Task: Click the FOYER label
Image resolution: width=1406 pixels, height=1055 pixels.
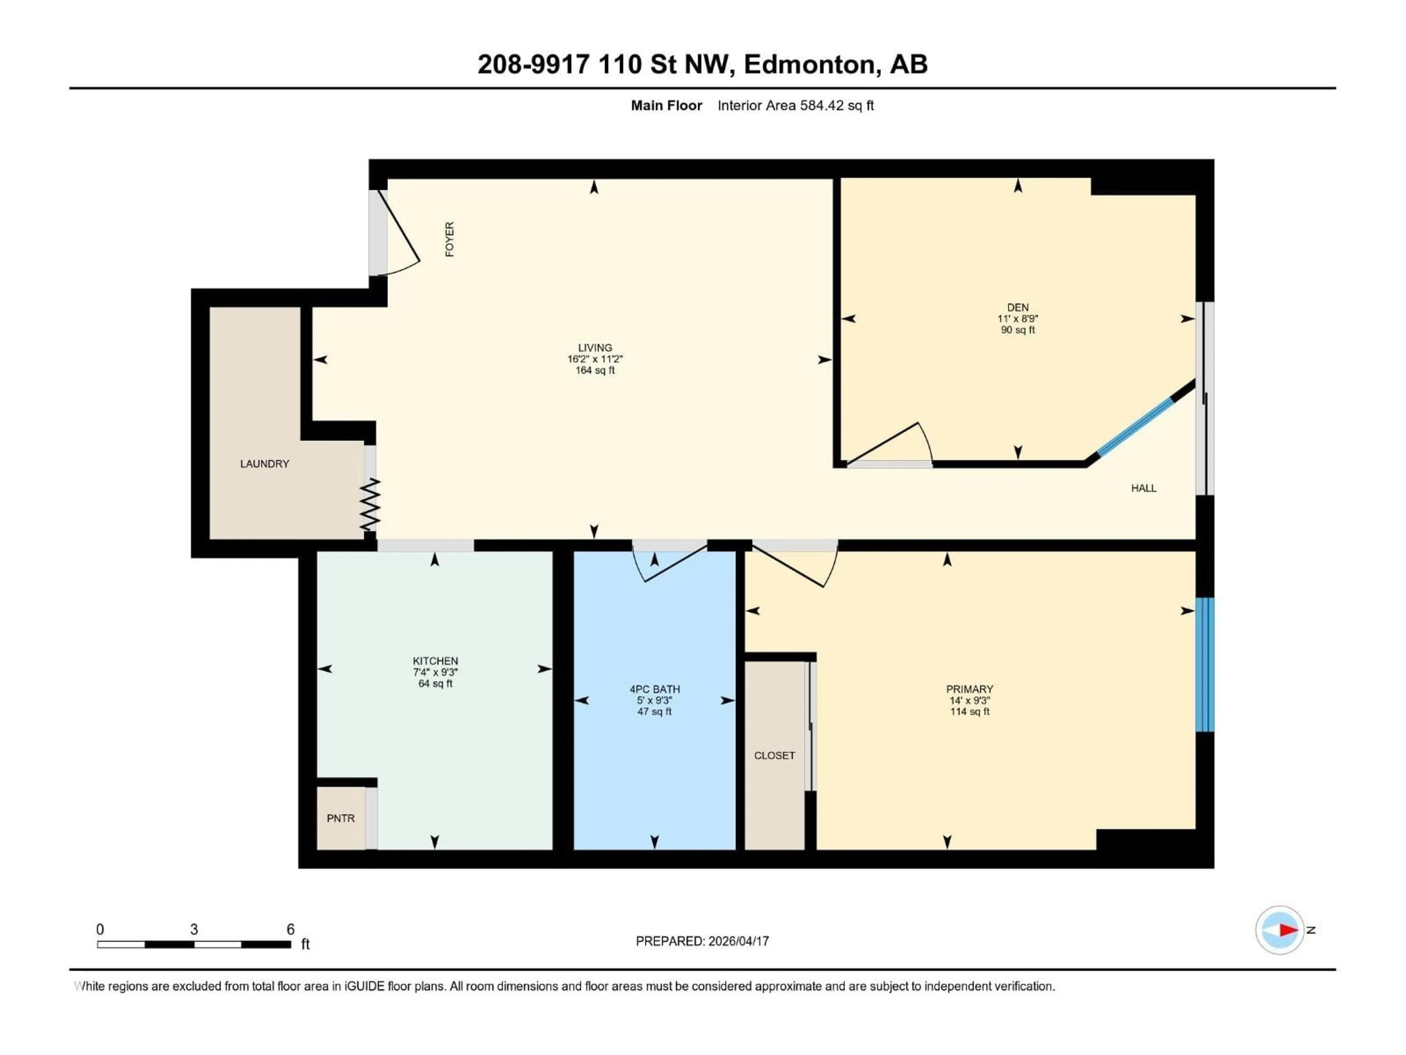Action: [x=449, y=239]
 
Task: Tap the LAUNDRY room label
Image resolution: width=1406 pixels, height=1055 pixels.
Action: [x=264, y=464]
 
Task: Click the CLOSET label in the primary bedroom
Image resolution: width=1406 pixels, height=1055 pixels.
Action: [x=774, y=755]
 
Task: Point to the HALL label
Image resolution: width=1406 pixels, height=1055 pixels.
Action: [x=1143, y=488]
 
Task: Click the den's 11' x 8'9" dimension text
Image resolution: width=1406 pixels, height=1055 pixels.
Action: [x=1018, y=319]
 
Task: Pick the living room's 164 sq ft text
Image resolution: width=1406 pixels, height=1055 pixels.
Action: [x=595, y=370]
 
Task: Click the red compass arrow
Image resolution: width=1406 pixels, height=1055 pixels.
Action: [x=1288, y=930]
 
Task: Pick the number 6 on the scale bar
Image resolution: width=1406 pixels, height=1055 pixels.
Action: [x=290, y=929]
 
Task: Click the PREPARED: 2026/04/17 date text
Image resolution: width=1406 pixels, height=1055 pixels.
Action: [x=702, y=941]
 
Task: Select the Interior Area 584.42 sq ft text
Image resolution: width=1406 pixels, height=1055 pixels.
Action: [x=795, y=105]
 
